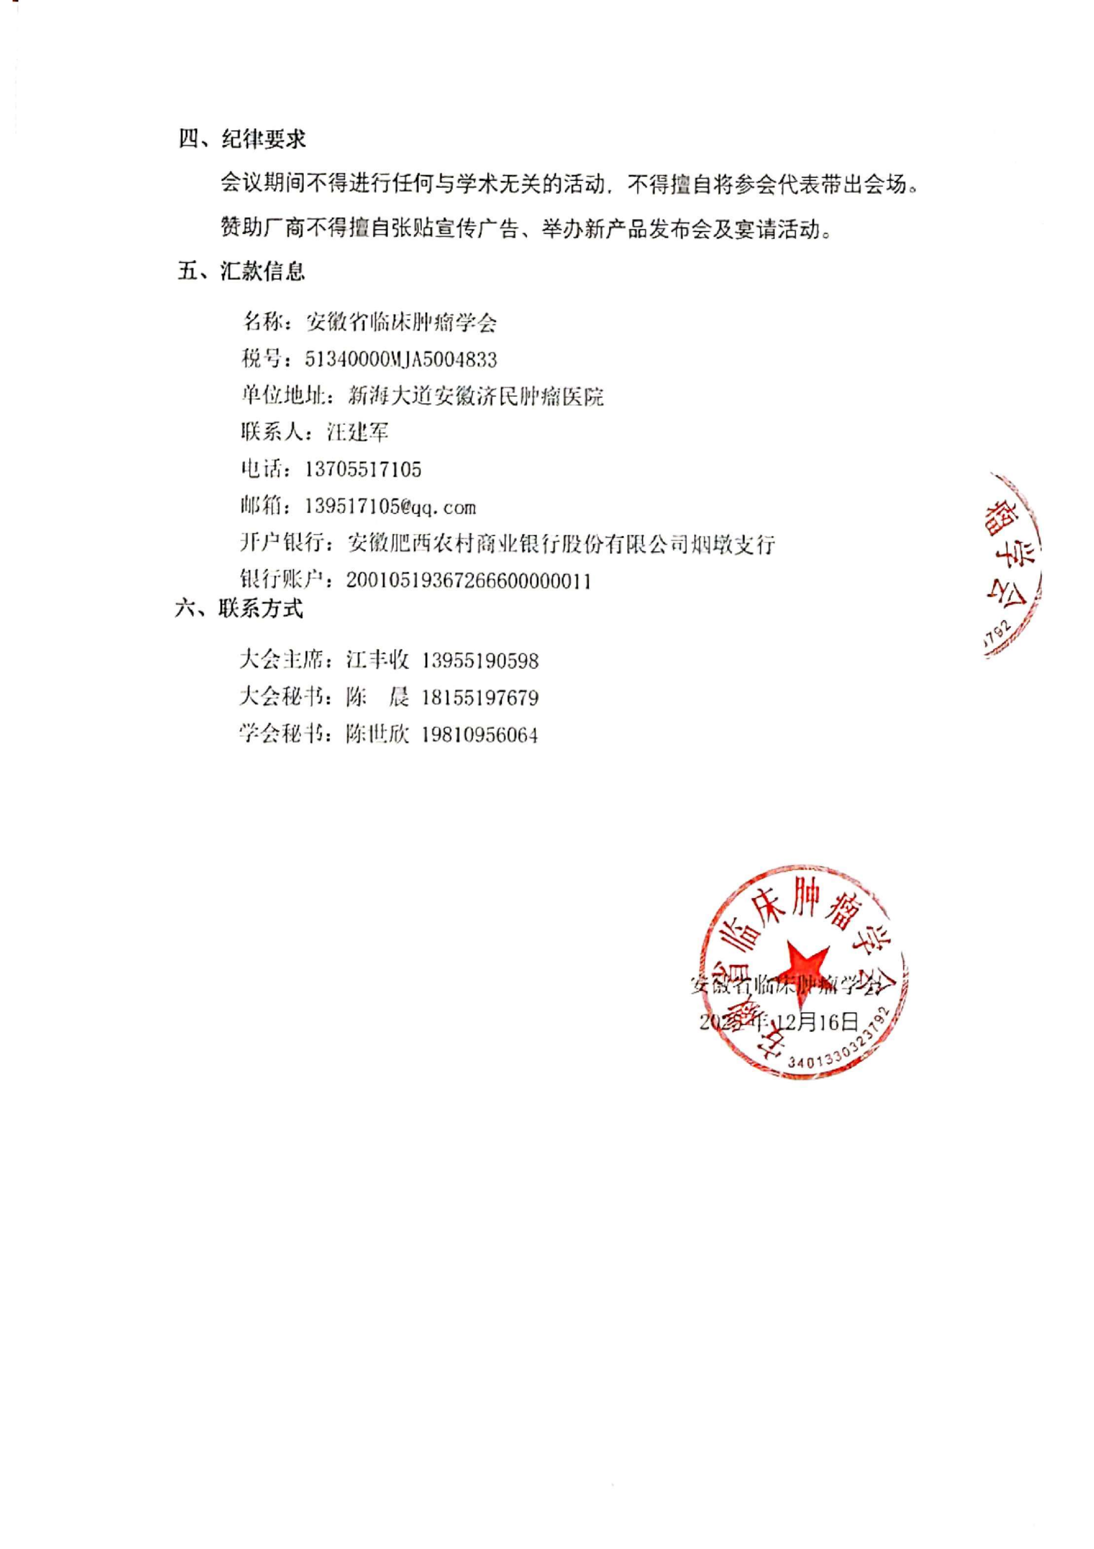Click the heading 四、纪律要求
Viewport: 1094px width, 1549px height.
[x=242, y=140]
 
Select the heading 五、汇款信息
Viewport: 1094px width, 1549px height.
[x=242, y=271]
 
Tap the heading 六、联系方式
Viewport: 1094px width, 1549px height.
[x=239, y=608]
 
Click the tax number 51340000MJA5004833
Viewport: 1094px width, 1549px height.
[x=401, y=360]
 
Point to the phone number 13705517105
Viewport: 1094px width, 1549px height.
[x=363, y=470]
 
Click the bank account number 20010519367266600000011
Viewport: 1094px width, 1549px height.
[x=469, y=581]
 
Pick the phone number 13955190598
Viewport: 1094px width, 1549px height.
[x=480, y=661]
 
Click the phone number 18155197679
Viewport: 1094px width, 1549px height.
[x=480, y=698]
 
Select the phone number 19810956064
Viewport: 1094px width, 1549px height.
[x=480, y=735]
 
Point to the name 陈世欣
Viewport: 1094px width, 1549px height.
[x=377, y=735]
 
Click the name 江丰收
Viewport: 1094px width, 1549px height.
[x=377, y=661]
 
